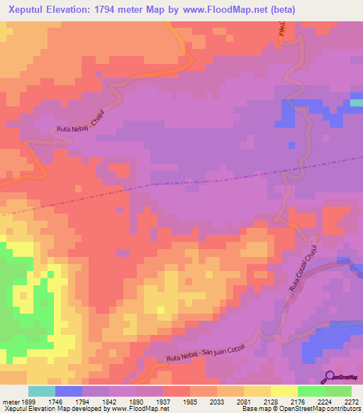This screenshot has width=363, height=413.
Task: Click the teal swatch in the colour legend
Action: tap(41, 391)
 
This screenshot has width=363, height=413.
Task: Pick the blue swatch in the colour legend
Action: tap(68, 391)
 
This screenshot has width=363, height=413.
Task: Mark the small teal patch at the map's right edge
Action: tap(356, 103)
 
